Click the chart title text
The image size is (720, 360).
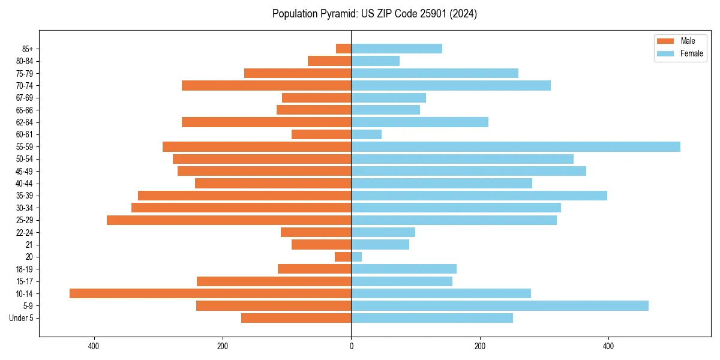pos(374,14)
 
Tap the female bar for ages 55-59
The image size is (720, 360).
pos(515,147)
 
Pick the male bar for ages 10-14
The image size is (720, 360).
pos(210,293)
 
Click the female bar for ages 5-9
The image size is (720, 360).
pos(500,306)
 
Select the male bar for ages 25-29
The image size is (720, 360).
pos(229,220)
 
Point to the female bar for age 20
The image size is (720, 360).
pos(356,257)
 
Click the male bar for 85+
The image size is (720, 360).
pos(344,49)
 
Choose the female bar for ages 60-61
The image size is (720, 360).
pos(366,134)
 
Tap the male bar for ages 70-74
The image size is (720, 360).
pos(266,86)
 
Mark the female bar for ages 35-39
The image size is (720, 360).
pos(479,196)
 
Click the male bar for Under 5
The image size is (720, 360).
pos(296,318)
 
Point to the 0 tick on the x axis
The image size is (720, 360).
pos(351,346)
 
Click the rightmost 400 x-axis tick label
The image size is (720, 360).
pos(608,346)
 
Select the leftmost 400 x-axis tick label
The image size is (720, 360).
pos(94,346)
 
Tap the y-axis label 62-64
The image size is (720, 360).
pos(24,122)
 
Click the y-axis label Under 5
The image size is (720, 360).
pos(21,318)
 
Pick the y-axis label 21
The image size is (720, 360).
pos(29,245)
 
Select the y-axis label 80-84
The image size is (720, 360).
pos(24,61)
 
